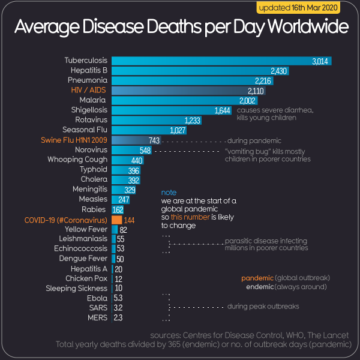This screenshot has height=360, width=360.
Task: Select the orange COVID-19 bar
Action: tap(116, 220)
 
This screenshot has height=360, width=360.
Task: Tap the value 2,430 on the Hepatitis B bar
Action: tap(280, 71)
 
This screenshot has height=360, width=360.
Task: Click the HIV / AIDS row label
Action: tap(89, 90)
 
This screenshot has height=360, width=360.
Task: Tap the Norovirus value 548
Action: tap(145, 149)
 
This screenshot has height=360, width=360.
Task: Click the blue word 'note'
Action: tap(169, 192)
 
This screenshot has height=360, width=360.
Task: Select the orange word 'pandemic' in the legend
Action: tap(257, 278)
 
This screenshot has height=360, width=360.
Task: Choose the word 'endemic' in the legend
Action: tap(260, 287)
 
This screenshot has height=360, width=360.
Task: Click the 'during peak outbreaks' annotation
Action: tap(263, 307)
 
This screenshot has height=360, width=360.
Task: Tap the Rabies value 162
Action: tap(118, 210)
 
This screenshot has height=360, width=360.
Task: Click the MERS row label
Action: tap(98, 317)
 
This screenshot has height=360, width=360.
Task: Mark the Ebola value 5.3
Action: tap(118, 298)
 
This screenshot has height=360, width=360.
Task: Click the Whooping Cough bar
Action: tap(119, 160)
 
